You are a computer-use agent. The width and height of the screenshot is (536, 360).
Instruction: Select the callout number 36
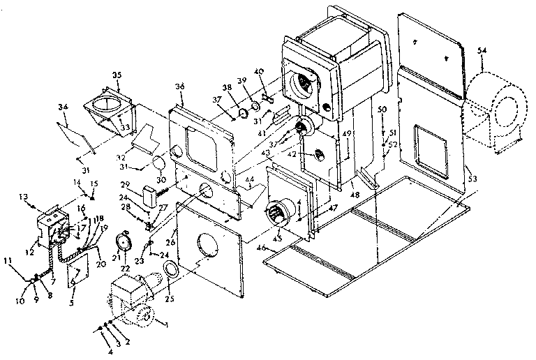[180, 86]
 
